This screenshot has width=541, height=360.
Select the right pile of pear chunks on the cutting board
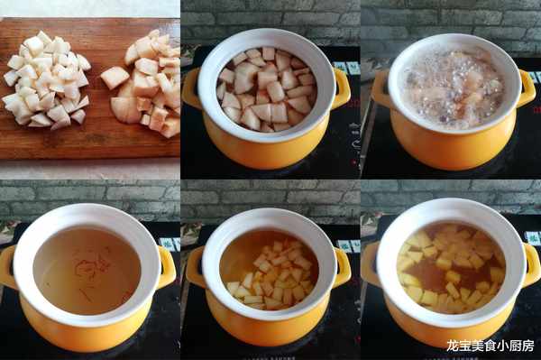(x=143, y=83)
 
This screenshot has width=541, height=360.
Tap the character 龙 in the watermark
(x=452, y=346)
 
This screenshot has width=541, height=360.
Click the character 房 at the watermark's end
(x=527, y=346)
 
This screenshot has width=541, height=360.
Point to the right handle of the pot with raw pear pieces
(x=341, y=88)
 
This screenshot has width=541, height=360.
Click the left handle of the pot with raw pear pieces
(x=191, y=88)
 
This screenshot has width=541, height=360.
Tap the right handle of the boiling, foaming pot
(x=527, y=89)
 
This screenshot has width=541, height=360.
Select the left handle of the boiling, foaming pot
(x=381, y=89)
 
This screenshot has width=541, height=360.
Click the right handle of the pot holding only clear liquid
(x=168, y=267)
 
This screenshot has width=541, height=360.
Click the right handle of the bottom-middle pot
(x=343, y=267)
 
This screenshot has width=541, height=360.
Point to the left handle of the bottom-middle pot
(x=196, y=266)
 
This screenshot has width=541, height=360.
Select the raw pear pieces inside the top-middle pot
(x=266, y=89)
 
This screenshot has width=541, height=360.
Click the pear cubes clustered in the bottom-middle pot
(x=272, y=276)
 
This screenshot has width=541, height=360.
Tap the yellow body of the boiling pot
(x=453, y=145)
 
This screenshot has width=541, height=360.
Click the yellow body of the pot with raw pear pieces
(x=266, y=147)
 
